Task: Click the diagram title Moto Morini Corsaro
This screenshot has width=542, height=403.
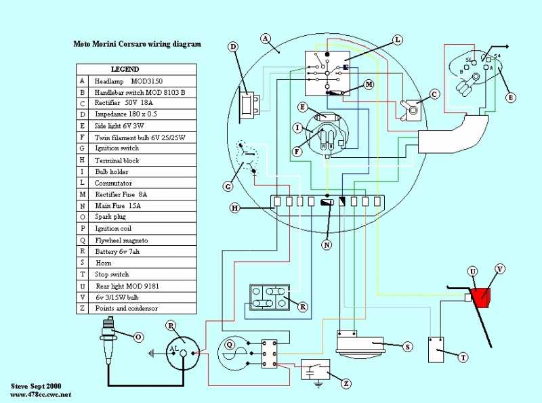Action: [137, 45]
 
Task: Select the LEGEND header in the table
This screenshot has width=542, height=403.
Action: [125, 69]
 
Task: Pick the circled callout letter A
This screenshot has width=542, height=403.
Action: [266, 38]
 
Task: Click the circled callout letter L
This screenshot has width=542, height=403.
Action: [397, 40]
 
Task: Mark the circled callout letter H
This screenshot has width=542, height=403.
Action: [234, 209]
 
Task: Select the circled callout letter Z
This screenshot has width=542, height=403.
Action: [346, 383]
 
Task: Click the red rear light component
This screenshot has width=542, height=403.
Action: [482, 297]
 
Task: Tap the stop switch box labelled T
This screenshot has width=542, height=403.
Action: [440, 348]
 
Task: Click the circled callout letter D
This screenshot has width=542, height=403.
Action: [233, 47]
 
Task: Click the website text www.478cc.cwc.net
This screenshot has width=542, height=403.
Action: [41, 394]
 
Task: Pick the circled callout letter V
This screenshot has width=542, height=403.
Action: [500, 269]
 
